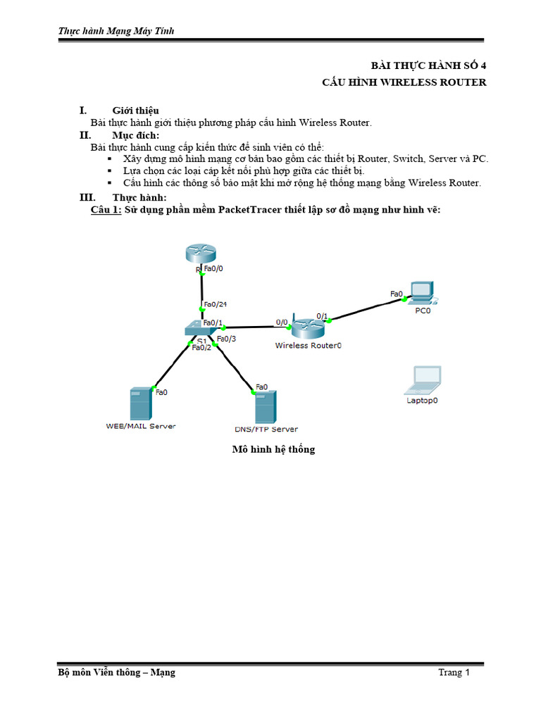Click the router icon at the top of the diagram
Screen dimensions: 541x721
pyautogui.click(x=201, y=254)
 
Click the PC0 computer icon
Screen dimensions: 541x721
pyautogui.click(x=422, y=291)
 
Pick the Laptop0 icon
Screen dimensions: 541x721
pyautogui.click(x=423, y=380)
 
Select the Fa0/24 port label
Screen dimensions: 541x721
pyautogui.click(x=215, y=304)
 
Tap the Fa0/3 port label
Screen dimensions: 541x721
pyautogui.click(x=226, y=339)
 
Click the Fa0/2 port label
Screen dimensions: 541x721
pyautogui.click(x=201, y=347)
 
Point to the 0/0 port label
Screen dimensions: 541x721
pyautogui.click(x=282, y=322)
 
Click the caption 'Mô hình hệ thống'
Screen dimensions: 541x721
pyautogui.click(x=273, y=449)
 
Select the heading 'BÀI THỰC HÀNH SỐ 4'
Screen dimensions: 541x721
pyautogui.click(x=429, y=65)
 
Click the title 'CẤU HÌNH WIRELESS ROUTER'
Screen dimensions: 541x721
pyautogui.click(x=404, y=82)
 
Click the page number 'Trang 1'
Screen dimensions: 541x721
pyautogui.click(x=454, y=672)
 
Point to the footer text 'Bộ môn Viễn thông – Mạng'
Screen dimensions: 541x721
pyautogui.click(x=117, y=672)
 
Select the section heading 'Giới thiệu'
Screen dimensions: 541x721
pyautogui.click(x=135, y=111)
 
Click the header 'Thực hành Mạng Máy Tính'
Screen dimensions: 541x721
pyautogui.click(x=116, y=30)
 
